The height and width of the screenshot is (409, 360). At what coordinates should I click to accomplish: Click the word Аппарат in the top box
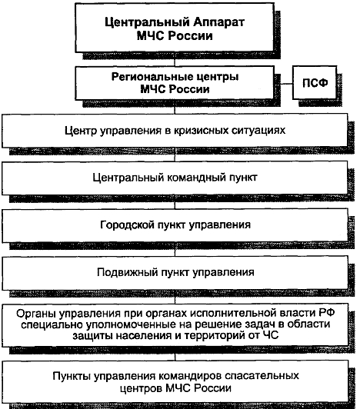coord(218,23)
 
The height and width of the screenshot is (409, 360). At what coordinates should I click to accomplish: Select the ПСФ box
coord(315,83)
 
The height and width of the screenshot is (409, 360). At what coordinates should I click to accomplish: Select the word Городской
coord(127,224)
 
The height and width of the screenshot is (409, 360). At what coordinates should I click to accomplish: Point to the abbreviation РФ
coord(327,313)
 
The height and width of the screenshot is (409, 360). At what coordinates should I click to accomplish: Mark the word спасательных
coord(262,376)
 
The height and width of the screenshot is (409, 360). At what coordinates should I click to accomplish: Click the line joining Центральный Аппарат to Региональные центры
coord(175,59)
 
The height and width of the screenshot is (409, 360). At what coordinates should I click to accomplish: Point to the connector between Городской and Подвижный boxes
coord(175,249)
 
